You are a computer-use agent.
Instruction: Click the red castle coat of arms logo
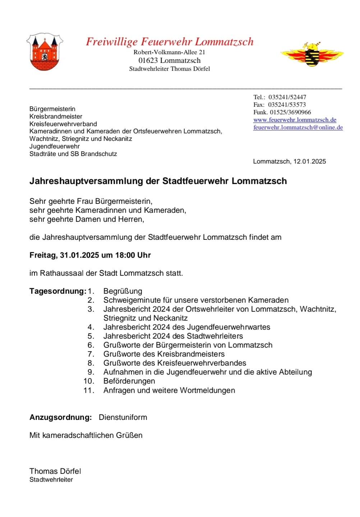[45, 52]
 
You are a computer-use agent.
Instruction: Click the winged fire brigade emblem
[312, 54]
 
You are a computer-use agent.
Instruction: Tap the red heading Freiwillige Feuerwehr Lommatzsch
[170, 42]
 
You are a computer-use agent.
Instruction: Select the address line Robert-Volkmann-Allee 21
[169, 52]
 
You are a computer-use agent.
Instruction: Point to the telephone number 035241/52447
[287, 97]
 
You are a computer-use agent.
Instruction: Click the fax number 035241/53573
[287, 105]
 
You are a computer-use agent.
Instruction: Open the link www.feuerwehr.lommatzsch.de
[295, 120]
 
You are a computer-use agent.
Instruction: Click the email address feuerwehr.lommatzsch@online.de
[298, 127]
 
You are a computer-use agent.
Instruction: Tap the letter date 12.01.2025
[309, 161]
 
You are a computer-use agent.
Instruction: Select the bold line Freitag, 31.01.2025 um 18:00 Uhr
[90, 255]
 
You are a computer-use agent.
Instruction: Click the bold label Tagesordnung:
[58, 291]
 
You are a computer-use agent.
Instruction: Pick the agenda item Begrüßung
[123, 291]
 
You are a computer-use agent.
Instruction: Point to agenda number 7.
[91, 354]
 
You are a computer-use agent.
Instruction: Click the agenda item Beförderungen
[129, 381]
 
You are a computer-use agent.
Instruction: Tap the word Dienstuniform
[123, 417]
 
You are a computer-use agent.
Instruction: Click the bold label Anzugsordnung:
[61, 417]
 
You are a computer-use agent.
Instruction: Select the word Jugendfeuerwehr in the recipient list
[55, 146]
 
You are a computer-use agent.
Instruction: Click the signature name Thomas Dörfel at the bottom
[55, 471]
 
